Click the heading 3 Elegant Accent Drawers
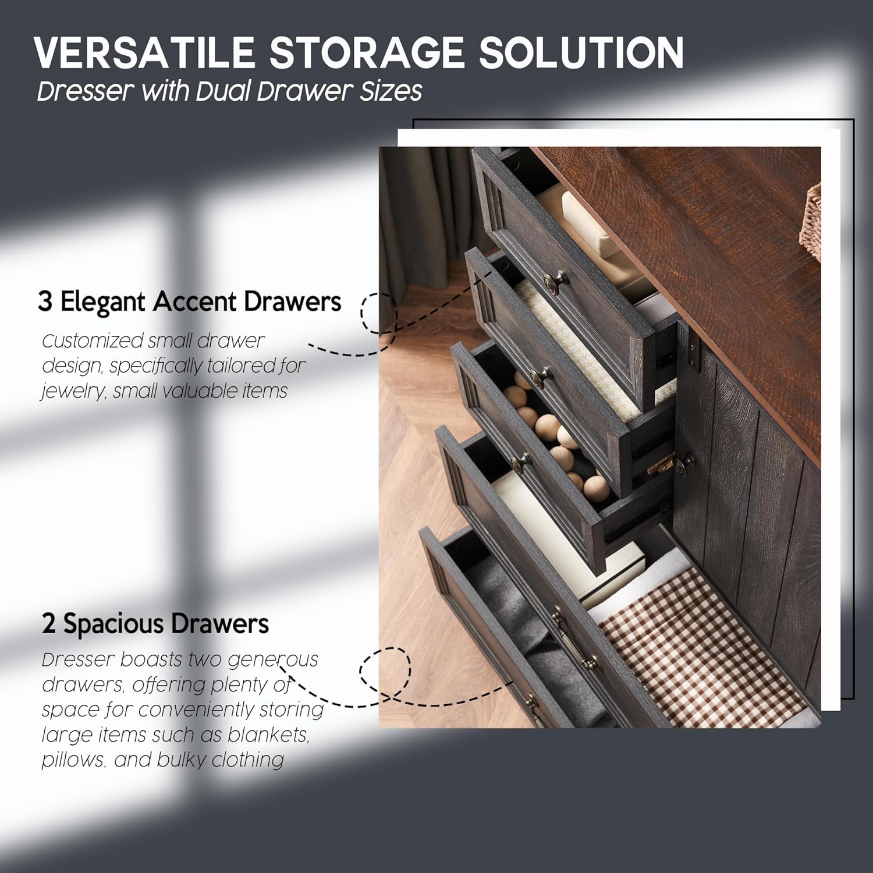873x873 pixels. click(x=190, y=301)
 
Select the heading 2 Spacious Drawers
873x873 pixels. click(x=155, y=624)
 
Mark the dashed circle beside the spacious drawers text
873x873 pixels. click(x=385, y=669)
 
